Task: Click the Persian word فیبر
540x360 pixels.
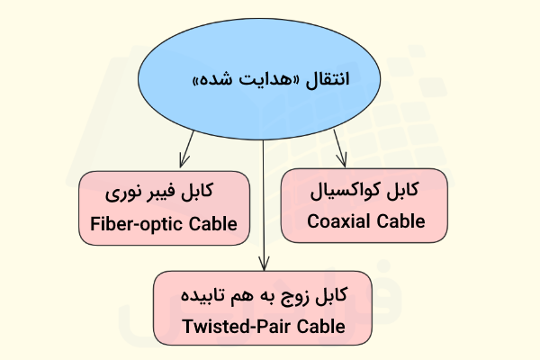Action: click(x=164, y=193)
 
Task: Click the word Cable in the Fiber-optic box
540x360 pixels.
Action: click(x=216, y=224)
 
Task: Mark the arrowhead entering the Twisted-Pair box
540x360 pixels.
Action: click(x=264, y=265)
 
